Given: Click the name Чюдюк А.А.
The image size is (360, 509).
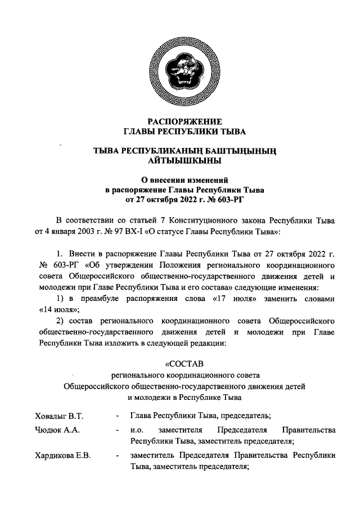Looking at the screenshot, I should (x=55, y=431).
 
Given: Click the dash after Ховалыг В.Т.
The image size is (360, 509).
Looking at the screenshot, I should (x=116, y=416).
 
